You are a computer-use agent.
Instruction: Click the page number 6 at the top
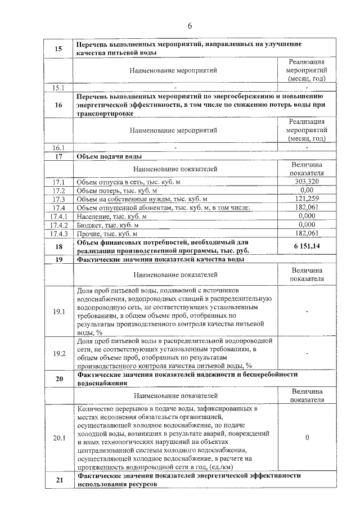190,26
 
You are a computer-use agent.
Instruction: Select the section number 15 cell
58,48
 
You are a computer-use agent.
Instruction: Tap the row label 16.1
58,148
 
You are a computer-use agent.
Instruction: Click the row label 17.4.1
58,216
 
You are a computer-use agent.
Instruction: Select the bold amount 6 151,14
307,246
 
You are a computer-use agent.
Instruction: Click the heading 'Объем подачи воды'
109,156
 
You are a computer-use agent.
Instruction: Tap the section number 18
58,246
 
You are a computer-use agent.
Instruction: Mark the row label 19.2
58,353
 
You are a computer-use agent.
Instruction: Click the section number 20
58,379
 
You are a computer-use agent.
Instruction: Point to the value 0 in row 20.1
307,437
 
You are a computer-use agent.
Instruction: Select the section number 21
58,479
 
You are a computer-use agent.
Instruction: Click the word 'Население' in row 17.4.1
93,216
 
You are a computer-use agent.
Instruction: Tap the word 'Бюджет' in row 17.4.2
90,224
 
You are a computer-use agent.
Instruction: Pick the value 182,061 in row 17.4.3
307,233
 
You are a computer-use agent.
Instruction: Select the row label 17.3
58,199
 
